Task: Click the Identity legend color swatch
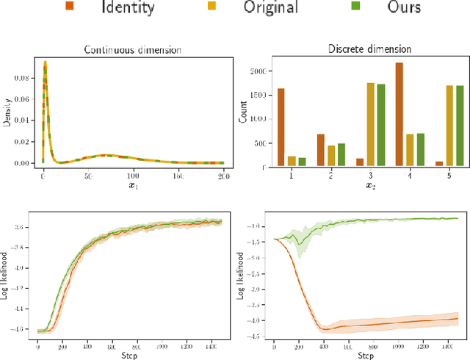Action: (70, 8)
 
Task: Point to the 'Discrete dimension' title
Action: (369, 49)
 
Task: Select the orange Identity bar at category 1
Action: (281, 129)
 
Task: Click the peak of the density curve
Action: (44, 62)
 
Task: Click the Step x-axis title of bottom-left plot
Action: (130, 354)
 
